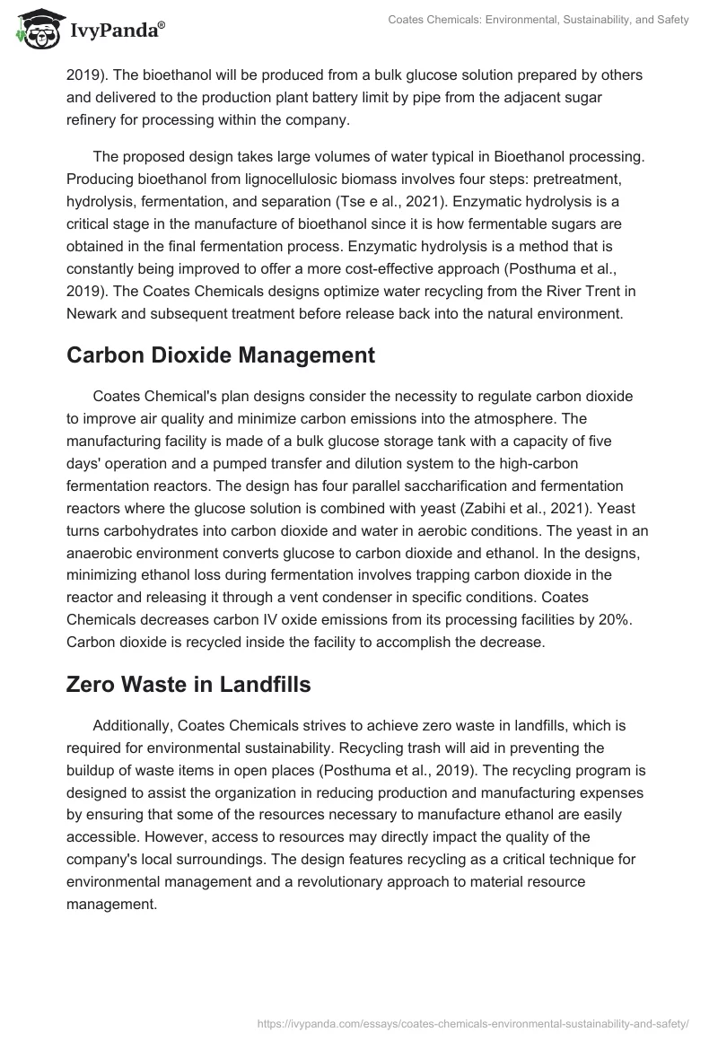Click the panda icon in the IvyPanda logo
[x=35, y=30]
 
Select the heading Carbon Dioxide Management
[x=220, y=354]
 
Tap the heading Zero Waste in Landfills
[x=188, y=684]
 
